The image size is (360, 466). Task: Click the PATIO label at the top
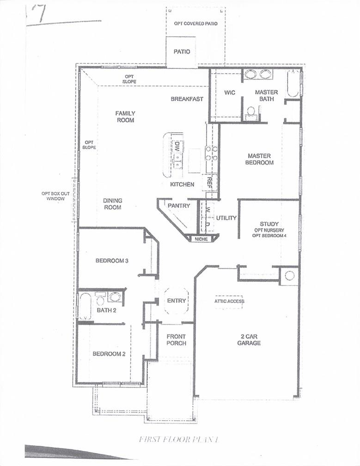[x=182, y=52]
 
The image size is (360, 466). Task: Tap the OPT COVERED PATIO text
[x=195, y=23]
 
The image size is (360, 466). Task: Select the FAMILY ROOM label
[x=125, y=116]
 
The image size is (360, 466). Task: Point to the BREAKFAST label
[x=187, y=99]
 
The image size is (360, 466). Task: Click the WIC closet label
[x=230, y=92]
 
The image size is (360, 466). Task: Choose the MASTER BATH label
[x=266, y=96]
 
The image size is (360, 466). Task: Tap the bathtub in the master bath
[x=293, y=84]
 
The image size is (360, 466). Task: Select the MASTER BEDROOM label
[x=260, y=159]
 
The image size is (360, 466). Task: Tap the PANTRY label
[x=179, y=205]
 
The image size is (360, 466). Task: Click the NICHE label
[x=201, y=239]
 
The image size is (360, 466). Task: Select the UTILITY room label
[x=226, y=218]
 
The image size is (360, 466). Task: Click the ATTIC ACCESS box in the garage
[x=229, y=301]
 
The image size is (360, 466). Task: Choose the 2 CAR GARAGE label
[x=249, y=340]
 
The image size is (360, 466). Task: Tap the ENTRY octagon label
[x=176, y=300]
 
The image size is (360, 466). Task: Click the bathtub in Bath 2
[x=85, y=306]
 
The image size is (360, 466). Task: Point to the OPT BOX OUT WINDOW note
[x=55, y=196]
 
